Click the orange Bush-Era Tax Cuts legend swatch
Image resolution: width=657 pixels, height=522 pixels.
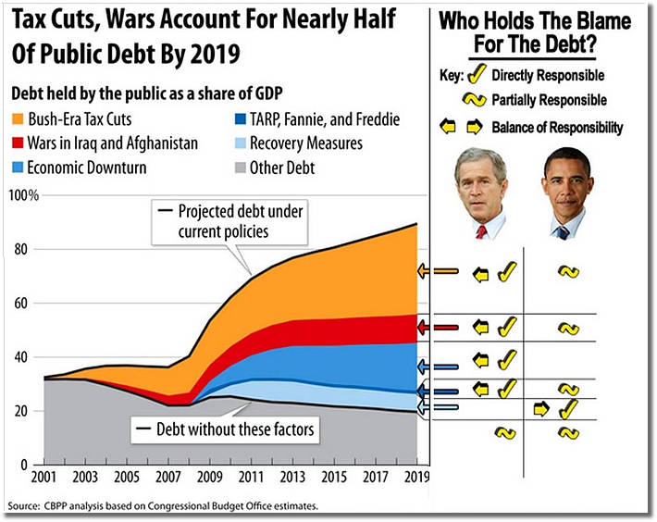click(19, 119)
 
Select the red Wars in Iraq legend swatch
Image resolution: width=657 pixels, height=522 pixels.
click(19, 143)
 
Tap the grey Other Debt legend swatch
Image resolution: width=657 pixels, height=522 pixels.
click(234, 168)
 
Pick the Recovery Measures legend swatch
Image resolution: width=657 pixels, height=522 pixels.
click(234, 143)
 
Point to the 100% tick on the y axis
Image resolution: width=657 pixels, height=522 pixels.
click(23, 196)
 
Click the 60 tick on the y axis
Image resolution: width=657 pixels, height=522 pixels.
click(23, 304)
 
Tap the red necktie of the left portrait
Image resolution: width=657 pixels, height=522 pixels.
click(481, 230)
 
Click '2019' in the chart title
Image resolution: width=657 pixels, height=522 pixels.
click(211, 54)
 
